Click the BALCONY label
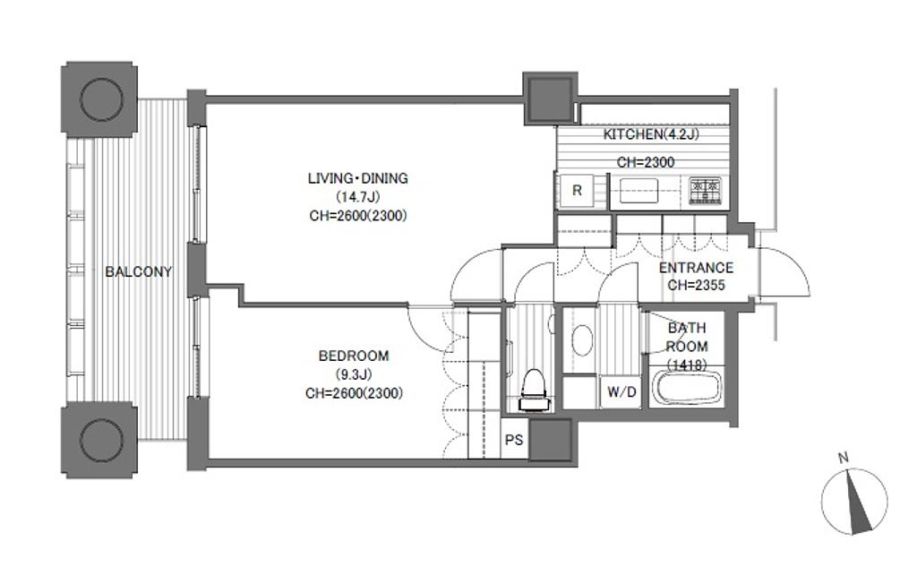(x=138, y=271)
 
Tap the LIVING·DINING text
(x=358, y=178)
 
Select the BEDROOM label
(x=354, y=356)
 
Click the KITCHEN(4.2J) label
(x=651, y=134)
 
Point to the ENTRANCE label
(x=696, y=268)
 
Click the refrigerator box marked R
(x=577, y=190)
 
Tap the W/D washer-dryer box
(x=621, y=391)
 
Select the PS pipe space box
(x=514, y=440)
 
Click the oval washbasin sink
(x=581, y=339)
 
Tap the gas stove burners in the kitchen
(x=706, y=191)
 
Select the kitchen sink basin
(x=639, y=191)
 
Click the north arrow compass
(x=854, y=502)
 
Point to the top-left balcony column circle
(x=101, y=99)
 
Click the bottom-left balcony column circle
(x=101, y=441)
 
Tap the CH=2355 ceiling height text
(x=696, y=285)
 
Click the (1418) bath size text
(x=687, y=365)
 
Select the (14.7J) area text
(x=357, y=196)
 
